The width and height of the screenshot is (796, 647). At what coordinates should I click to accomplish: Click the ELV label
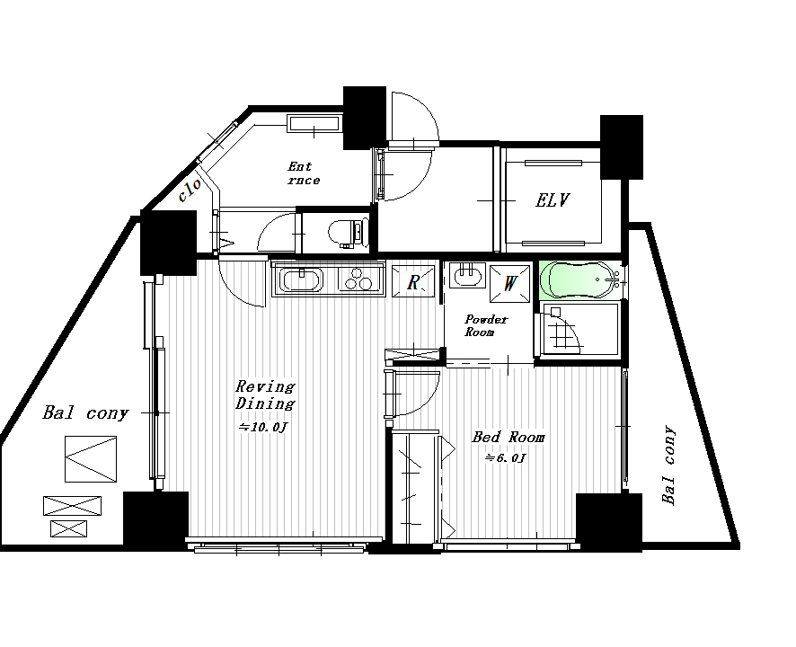click(553, 200)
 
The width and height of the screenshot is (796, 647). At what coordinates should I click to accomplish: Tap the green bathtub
click(579, 279)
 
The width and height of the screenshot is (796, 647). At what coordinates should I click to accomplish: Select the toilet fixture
click(348, 233)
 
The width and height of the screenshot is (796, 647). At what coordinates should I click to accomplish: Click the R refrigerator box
click(413, 281)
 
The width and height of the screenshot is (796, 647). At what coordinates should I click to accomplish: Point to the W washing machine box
click(509, 282)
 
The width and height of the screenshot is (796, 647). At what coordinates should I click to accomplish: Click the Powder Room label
click(486, 325)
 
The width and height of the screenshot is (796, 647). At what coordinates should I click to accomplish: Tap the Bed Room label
click(509, 437)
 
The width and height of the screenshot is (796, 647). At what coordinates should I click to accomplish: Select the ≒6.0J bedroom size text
click(505, 458)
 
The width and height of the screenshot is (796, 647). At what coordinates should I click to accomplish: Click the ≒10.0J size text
click(263, 427)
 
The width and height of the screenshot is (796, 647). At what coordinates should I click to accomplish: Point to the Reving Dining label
click(265, 395)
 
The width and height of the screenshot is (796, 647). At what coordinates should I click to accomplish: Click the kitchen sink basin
click(303, 280)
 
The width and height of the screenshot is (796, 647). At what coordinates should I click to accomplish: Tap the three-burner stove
click(358, 279)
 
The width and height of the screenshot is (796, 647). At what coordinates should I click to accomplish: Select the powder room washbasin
click(467, 275)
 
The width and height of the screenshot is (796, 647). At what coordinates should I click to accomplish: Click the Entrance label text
click(304, 173)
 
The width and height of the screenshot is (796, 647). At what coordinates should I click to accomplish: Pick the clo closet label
click(190, 190)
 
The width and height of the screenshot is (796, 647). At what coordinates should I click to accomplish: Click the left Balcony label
click(85, 412)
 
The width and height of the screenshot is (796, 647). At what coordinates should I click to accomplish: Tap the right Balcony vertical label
click(669, 465)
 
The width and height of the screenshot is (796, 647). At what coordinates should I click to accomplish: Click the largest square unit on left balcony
click(91, 459)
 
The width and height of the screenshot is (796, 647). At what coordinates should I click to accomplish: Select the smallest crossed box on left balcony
click(68, 528)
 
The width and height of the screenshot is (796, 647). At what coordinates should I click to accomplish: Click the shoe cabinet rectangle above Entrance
click(314, 124)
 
